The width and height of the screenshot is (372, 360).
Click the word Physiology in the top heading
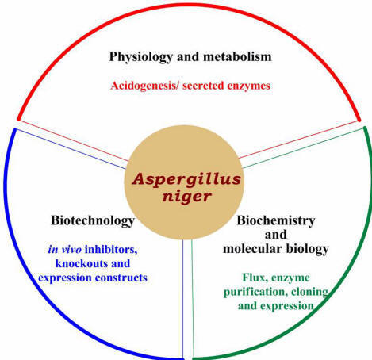(141, 57)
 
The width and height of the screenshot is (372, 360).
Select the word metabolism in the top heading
(237, 56)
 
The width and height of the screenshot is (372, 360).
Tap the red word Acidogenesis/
(145, 86)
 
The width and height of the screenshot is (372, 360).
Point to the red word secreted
(203, 86)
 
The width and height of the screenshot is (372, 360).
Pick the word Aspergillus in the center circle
(186, 180)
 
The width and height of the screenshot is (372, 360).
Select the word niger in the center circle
(186, 196)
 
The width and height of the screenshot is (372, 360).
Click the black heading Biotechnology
(93, 220)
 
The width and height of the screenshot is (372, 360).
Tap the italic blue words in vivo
(65, 249)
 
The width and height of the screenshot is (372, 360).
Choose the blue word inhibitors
(111, 250)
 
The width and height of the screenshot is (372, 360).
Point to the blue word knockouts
(82, 263)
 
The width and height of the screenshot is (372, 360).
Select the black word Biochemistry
(276, 220)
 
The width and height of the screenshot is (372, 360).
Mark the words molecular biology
(276, 249)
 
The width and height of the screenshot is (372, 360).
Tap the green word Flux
(254, 278)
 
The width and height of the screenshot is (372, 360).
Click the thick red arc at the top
(189, 5)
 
